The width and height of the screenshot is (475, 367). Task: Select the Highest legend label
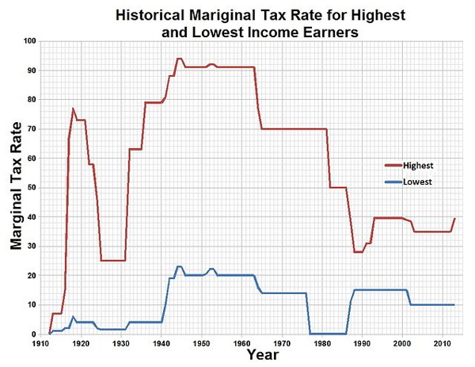[418, 166]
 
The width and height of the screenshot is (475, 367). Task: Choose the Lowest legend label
[416, 182]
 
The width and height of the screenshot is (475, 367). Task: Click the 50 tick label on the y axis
[30, 187]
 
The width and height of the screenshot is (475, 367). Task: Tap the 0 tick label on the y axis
[32, 334]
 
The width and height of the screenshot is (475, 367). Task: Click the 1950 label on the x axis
[201, 343]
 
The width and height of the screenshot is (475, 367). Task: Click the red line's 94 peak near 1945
[180, 59]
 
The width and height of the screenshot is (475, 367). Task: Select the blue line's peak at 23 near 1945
[180, 266]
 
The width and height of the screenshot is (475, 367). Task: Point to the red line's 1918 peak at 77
[73, 109]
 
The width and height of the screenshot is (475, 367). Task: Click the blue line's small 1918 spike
[73, 316]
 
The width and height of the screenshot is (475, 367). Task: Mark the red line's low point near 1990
[358, 252]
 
